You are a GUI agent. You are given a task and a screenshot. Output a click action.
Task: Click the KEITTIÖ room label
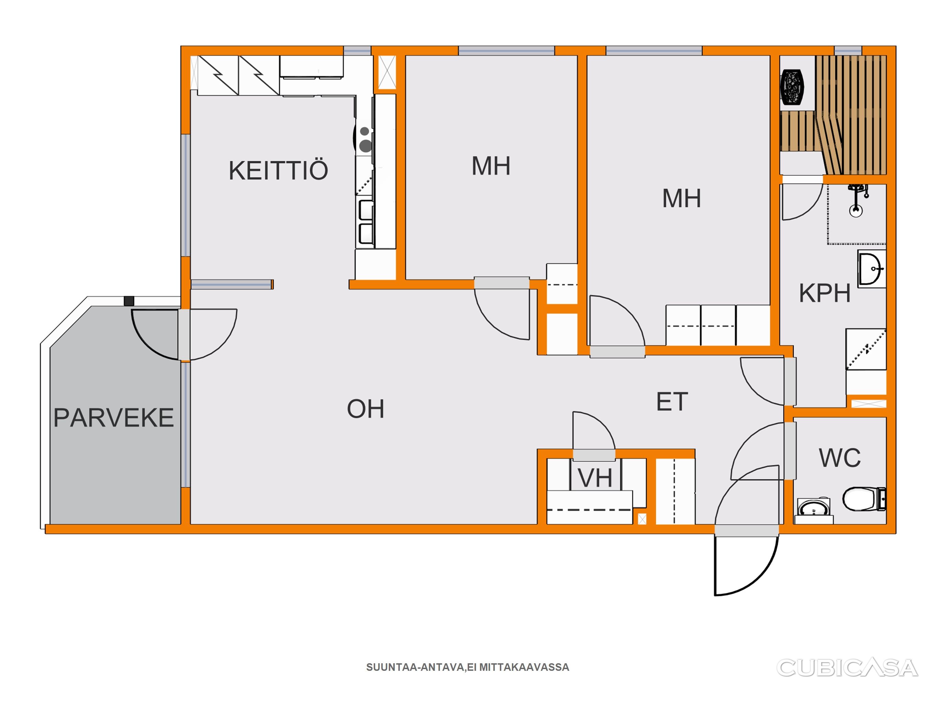click(x=278, y=170)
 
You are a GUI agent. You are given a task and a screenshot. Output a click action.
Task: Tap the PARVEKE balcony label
click(x=113, y=417)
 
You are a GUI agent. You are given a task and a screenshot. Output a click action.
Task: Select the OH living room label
click(x=365, y=409)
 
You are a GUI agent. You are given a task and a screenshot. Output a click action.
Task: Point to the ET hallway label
click(x=672, y=402)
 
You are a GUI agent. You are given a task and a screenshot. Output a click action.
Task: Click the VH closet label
click(x=595, y=479)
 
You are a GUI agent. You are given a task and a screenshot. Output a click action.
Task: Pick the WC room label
click(x=840, y=458)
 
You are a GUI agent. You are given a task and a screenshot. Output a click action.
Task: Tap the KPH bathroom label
click(x=825, y=293)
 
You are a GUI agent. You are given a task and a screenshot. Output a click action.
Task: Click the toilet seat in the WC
click(x=864, y=499)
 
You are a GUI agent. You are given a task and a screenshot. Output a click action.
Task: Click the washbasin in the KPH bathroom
click(x=871, y=269)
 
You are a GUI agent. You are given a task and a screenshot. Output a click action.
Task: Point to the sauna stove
click(x=792, y=86)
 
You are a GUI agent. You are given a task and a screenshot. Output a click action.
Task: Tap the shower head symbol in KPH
click(x=856, y=201)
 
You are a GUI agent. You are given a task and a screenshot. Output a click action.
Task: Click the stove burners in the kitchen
click(x=365, y=140)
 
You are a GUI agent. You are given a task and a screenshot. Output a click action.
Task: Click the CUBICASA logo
click(x=847, y=668)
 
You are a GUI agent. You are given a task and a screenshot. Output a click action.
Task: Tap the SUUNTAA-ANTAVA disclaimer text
click(x=468, y=667)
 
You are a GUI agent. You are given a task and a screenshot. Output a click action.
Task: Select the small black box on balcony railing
click(x=129, y=301)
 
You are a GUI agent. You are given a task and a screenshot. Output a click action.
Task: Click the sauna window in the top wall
click(x=848, y=51)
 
